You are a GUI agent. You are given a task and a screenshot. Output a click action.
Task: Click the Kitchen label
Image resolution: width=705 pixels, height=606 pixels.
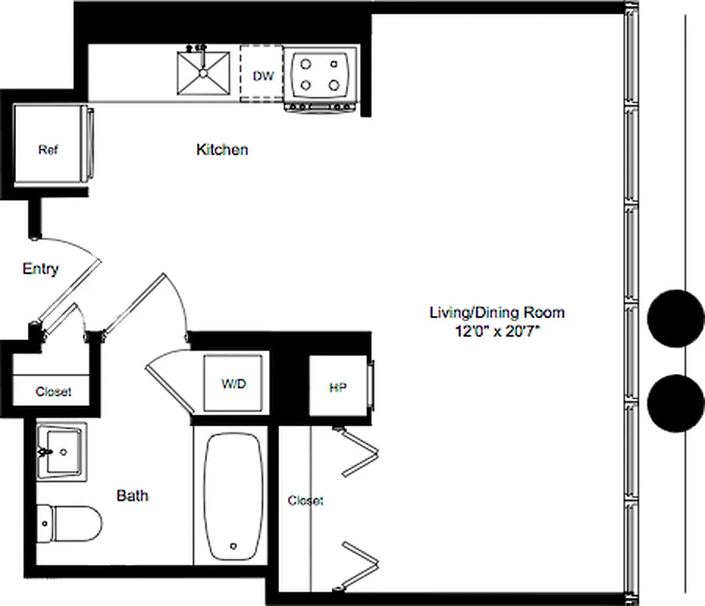(x=222, y=150)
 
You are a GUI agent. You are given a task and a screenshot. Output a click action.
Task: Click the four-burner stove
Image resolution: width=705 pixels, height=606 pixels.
(x=320, y=74)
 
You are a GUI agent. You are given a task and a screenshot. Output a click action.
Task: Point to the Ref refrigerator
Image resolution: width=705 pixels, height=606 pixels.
(x=49, y=149)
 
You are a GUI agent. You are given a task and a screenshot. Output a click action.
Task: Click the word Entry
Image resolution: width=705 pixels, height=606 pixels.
(x=40, y=269)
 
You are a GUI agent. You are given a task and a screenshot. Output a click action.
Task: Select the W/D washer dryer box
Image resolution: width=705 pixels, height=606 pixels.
(x=233, y=384)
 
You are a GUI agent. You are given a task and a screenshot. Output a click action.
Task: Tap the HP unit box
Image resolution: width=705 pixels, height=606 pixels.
(x=338, y=388)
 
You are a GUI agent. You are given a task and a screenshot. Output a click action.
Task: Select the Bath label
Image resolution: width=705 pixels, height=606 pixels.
(x=132, y=496)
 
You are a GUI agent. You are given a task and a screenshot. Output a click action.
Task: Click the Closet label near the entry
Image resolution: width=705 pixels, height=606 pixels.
(x=54, y=392)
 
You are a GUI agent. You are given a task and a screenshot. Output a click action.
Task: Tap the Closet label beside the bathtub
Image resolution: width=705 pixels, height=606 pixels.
(x=305, y=501)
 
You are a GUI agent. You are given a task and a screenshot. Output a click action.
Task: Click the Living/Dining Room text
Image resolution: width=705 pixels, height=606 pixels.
(x=497, y=312)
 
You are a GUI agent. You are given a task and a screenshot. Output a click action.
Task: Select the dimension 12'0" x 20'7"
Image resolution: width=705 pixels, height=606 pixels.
(x=497, y=331)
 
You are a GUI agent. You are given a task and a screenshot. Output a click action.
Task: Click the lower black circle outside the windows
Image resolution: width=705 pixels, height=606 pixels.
(x=675, y=402)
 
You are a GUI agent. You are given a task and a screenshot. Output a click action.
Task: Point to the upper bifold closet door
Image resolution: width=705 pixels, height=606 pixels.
(x=359, y=452)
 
